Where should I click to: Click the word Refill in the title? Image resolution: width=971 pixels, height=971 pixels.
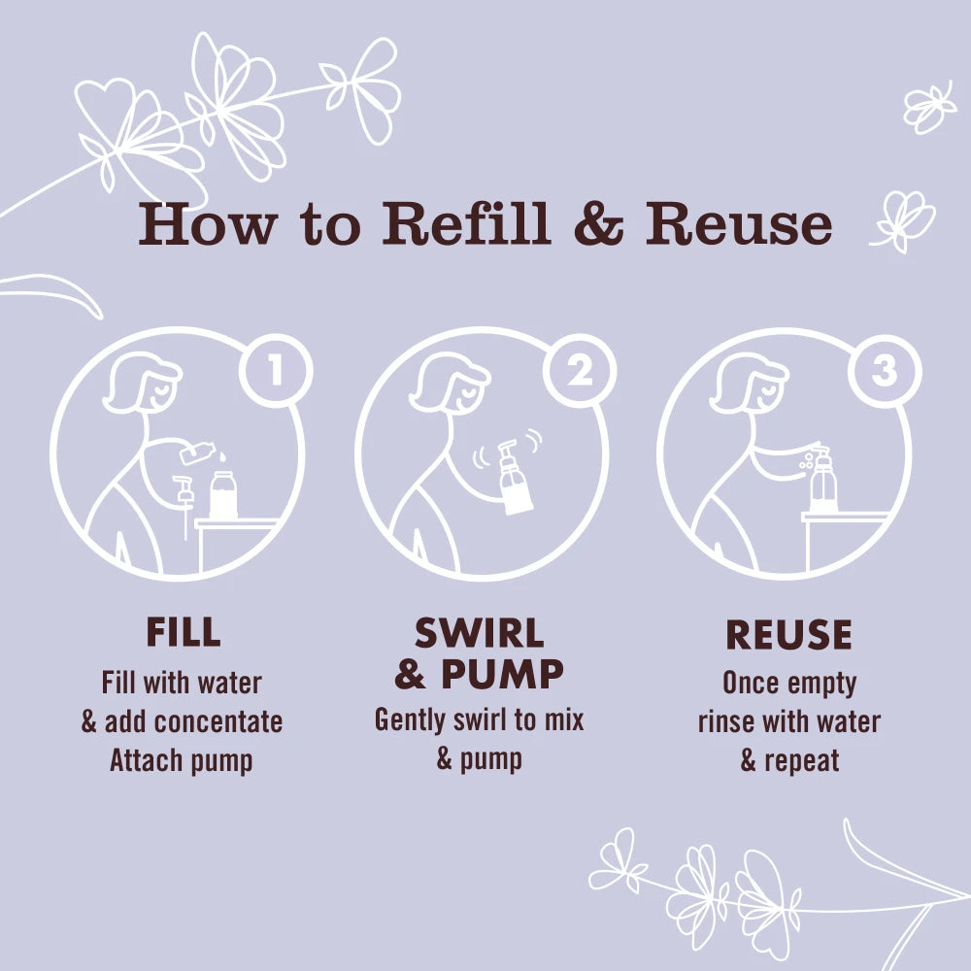tap(466, 223)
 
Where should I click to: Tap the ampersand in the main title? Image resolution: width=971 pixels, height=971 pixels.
tap(598, 223)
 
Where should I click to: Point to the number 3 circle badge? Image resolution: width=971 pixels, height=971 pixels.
tap(885, 371)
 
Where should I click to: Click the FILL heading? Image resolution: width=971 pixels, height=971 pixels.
tap(184, 632)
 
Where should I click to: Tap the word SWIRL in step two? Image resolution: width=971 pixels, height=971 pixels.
tap(480, 633)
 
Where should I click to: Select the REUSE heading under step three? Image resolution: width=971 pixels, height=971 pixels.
tap(788, 635)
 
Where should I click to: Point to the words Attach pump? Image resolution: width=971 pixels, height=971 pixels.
tap(182, 761)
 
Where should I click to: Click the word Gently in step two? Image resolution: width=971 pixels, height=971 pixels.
tap(410, 721)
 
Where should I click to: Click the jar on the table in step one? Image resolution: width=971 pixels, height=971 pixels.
tap(223, 494)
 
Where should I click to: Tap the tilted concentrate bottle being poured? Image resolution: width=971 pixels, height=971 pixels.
tap(197, 452)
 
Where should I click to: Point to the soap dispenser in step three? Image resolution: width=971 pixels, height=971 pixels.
tap(822, 480)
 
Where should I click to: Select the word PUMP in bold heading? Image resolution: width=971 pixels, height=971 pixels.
tap(502, 674)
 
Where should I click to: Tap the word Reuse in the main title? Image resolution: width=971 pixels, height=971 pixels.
tap(739, 223)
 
